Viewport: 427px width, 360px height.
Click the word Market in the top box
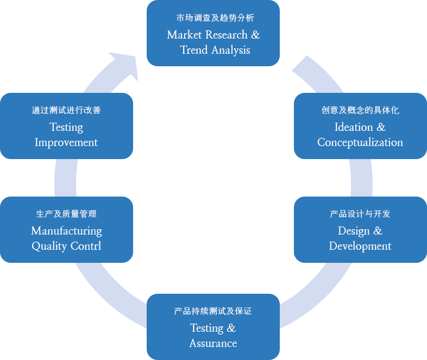point(184,35)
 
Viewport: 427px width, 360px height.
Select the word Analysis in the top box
point(231,50)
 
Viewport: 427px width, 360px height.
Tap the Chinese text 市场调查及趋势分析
point(215,18)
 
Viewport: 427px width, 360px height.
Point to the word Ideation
point(354,127)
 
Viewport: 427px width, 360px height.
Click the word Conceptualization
point(360,143)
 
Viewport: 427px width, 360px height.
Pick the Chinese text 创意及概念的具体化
point(360,110)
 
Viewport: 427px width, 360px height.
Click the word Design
point(354,231)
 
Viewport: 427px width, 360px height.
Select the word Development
point(360,247)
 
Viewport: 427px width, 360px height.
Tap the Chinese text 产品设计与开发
point(360,214)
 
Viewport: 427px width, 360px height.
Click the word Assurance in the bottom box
point(213,343)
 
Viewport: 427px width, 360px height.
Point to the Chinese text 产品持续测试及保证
point(213,311)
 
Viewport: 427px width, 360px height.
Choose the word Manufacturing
point(66,231)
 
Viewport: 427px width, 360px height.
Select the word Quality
point(49,247)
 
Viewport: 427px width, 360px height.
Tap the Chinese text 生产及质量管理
point(66,214)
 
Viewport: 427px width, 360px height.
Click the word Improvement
point(66,143)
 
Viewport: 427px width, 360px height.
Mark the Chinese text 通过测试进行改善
point(66,110)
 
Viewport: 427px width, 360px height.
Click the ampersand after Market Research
point(255,35)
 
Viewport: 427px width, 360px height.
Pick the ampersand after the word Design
point(378,231)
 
